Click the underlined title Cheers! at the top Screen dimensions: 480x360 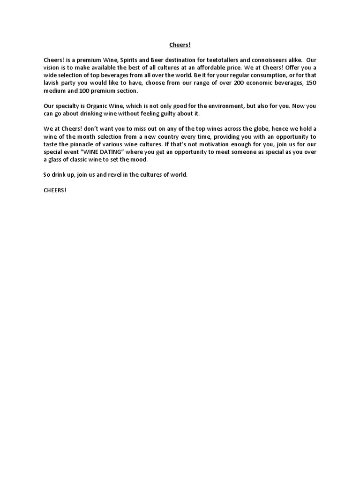click(180, 45)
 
